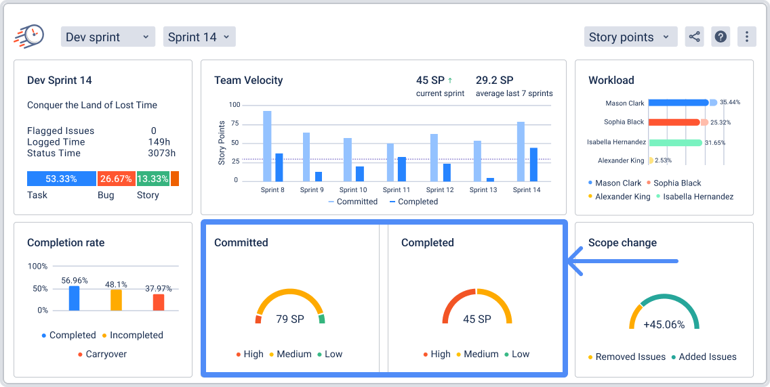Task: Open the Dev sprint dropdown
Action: point(108,37)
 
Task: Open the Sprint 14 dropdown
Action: point(199,37)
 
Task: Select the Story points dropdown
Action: point(630,37)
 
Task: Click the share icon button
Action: point(694,37)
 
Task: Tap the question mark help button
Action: point(721,37)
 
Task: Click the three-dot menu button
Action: point(746,37)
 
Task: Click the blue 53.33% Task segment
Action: point(61,179)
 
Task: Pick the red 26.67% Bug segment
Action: point(116,179)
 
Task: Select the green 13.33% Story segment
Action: point(153,179)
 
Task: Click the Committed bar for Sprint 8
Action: point(267,145)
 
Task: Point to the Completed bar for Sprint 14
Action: point(533,164)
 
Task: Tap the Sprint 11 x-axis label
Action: point(396,190)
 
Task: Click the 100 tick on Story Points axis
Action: point(235,105)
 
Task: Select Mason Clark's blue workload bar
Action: point(678,103)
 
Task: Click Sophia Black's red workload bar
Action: point(674,122)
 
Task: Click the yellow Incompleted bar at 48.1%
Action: point(116,300)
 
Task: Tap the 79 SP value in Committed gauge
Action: point(290,319)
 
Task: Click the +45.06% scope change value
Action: point(664,324)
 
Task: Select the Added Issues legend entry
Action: point(708,357)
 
